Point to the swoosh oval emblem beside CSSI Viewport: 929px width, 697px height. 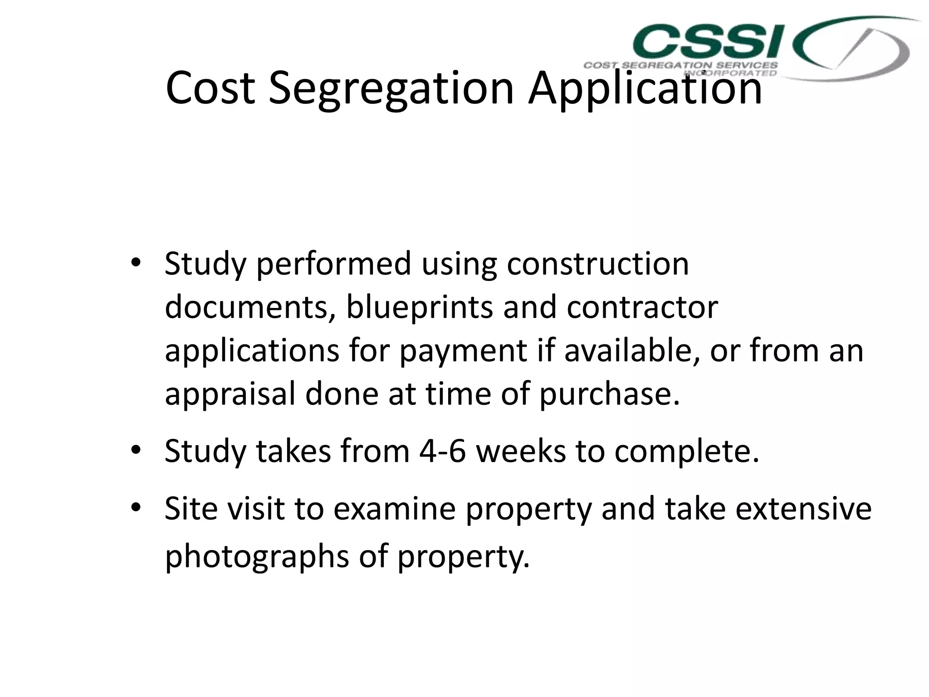pyautogui.click(x=853, y=49)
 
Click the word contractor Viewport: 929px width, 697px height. pyautogui.click(x=642, y=307)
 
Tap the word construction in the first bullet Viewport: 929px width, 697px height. pyautogui.click(x=597, y=264)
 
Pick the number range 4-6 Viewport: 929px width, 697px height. pyautogui.click(x=442, y=452)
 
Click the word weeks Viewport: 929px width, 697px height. pyautogui.click(x=521, y=452)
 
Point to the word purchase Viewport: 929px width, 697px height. pyautogui.click(x=609, y=394)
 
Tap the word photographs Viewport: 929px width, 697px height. pyautogui.click(x=257, y=557)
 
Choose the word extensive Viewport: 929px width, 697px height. pyautogui.click(x=803, y=509)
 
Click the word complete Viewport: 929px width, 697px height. pyautogui.click(x=686, y=452)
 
